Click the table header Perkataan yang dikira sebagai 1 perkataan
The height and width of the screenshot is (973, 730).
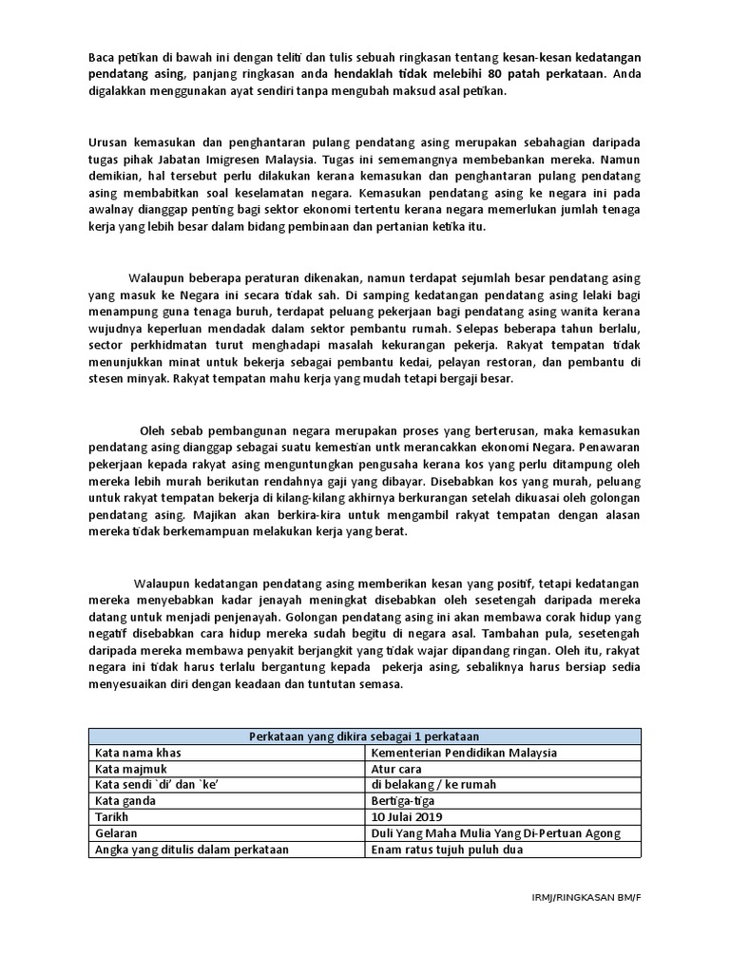click(364, 736)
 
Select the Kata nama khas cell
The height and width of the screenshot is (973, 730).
click(138, 753)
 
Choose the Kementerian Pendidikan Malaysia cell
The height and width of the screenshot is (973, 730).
click(465, 753)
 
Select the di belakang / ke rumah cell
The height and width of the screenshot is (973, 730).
click(433, 785)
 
